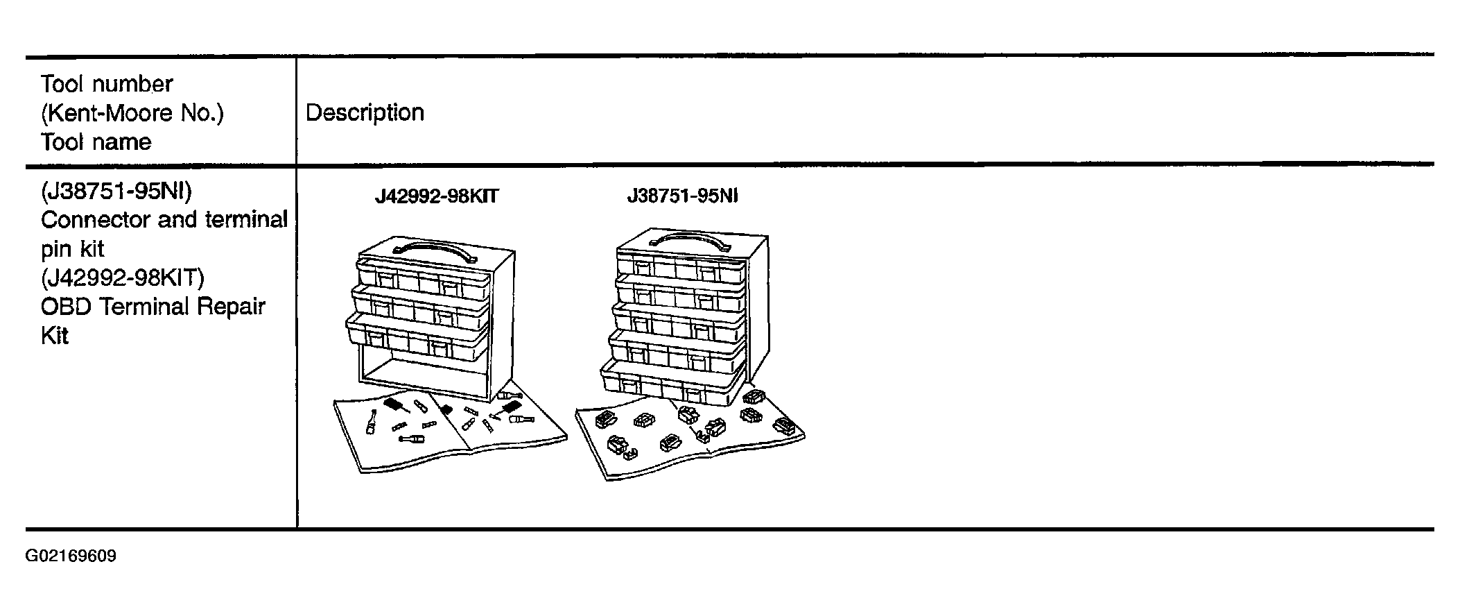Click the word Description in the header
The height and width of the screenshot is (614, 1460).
point(365,113)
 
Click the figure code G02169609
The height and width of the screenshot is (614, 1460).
point(71,556)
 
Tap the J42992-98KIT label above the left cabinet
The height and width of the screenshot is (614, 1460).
point(437,197)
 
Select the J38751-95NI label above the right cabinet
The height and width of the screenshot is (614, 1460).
point(683,196)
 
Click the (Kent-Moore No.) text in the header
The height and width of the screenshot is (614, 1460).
point(132,112)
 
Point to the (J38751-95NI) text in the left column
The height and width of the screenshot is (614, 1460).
point(116,190)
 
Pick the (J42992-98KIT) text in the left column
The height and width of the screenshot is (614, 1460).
point(123,278)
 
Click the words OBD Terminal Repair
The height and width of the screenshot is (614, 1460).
point(153,307)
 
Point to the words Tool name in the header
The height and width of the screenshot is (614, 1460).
point(96,142)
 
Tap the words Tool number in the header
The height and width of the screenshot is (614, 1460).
point(107,84)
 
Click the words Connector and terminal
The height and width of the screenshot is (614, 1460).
point(164,220)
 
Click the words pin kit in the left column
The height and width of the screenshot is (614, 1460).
point(72,249)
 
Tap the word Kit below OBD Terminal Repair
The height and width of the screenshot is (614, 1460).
point(55,336)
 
